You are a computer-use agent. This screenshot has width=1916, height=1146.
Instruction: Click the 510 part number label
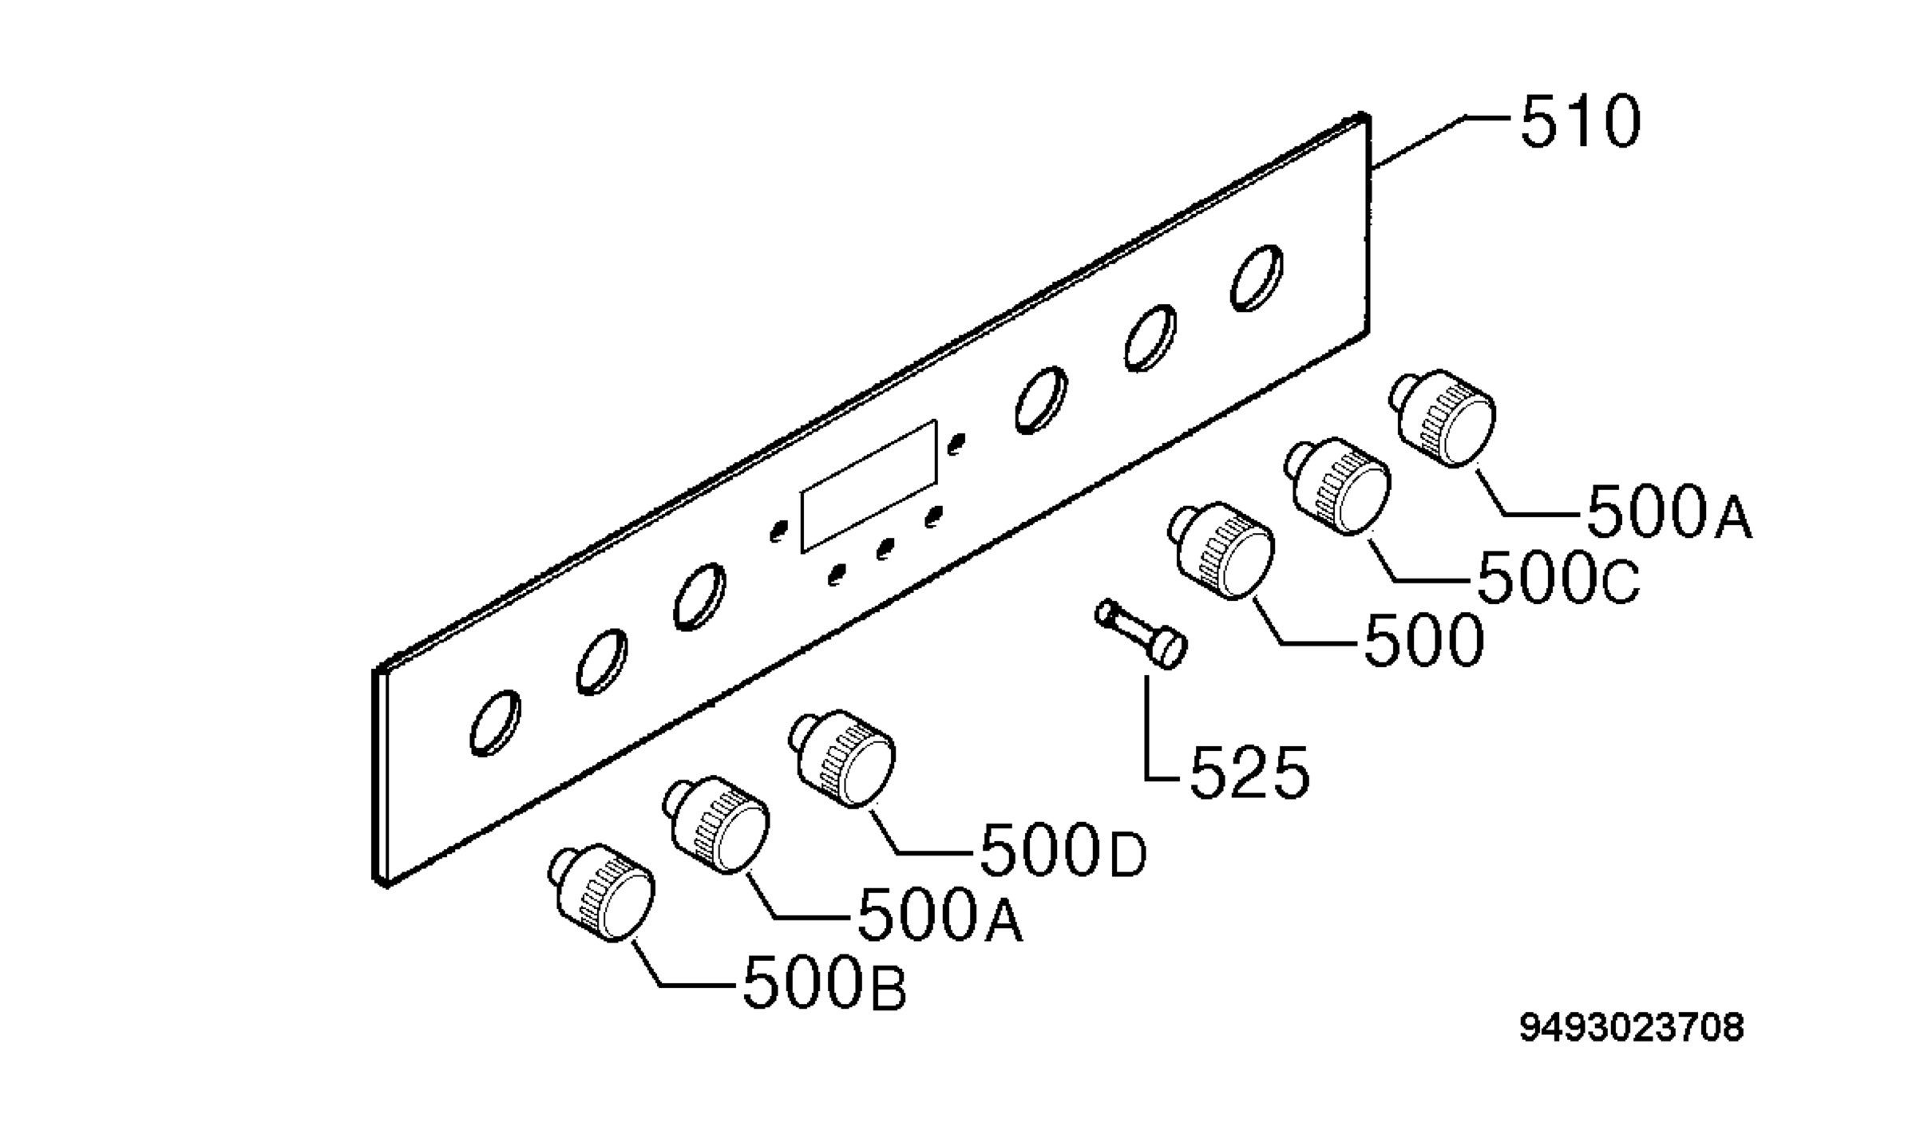tap(1580, 122)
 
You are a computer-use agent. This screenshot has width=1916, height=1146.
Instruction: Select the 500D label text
tap(1063, 852)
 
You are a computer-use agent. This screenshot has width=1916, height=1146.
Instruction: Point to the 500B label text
tap(825, 986)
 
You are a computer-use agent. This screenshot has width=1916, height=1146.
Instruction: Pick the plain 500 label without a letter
tap(1423, 641)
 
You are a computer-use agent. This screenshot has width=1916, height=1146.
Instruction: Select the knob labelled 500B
tap(601, 891)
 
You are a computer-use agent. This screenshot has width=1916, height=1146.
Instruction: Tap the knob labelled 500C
tap(1337, 485)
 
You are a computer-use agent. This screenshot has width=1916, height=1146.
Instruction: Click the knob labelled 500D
tap(842, 758)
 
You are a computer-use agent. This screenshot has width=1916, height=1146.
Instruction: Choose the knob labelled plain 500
tap(1221, 550)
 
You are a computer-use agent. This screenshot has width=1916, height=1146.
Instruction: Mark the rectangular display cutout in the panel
tap(869, 486)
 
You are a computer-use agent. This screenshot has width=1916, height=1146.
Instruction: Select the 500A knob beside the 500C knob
tap(1447, 417)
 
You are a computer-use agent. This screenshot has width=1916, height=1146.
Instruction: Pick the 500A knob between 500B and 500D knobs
tap(715, 824)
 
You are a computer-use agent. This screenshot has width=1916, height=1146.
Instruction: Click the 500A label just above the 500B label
tap(940, 918)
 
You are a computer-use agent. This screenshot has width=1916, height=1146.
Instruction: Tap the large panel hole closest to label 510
tap(1257, 277)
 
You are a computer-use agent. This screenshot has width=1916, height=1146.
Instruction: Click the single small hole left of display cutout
tap(779, 531)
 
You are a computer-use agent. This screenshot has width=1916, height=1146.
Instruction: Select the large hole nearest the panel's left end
tap(496, 722)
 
